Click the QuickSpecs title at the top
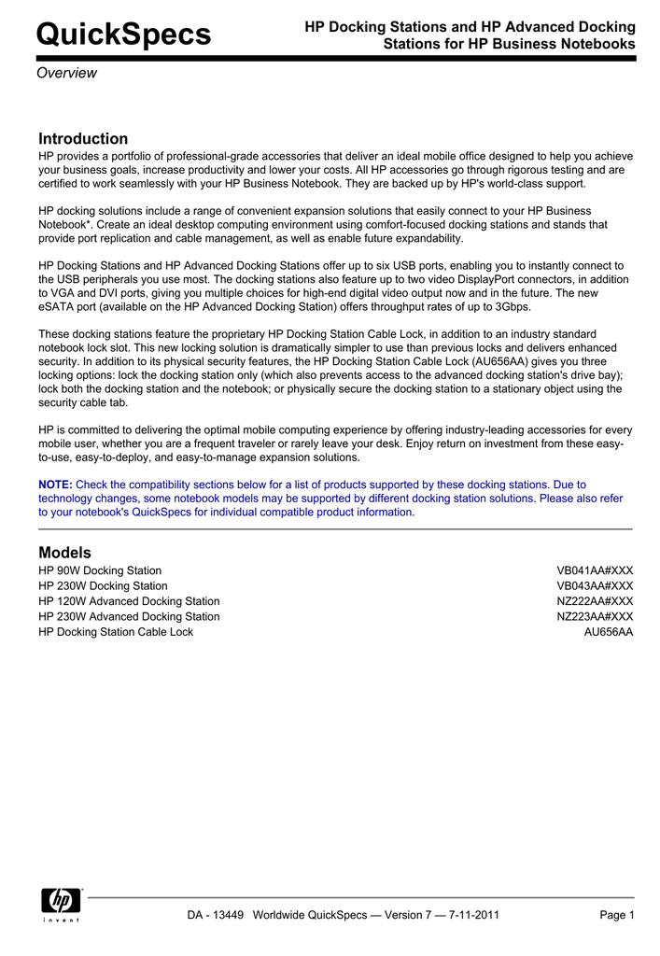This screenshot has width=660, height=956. pos(123,35)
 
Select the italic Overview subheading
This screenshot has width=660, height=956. pos(66,74)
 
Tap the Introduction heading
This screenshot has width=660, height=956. pos(83,139)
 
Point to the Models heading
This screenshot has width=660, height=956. pos(64,553)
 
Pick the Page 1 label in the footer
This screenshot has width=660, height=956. pos(616,915)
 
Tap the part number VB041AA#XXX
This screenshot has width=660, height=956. pos(595,570)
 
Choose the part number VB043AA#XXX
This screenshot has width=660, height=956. pos(595,586)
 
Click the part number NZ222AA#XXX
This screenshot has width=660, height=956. pos(595,601)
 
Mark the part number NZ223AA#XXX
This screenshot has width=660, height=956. pos(595,617)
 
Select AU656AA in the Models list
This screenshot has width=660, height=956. pos(608,632)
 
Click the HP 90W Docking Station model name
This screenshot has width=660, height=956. pos(100,570)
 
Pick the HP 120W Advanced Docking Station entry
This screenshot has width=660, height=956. pos(129,601)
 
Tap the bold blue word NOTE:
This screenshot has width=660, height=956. pos(55,485)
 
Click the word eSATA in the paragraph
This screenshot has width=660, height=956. pos(57,307)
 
